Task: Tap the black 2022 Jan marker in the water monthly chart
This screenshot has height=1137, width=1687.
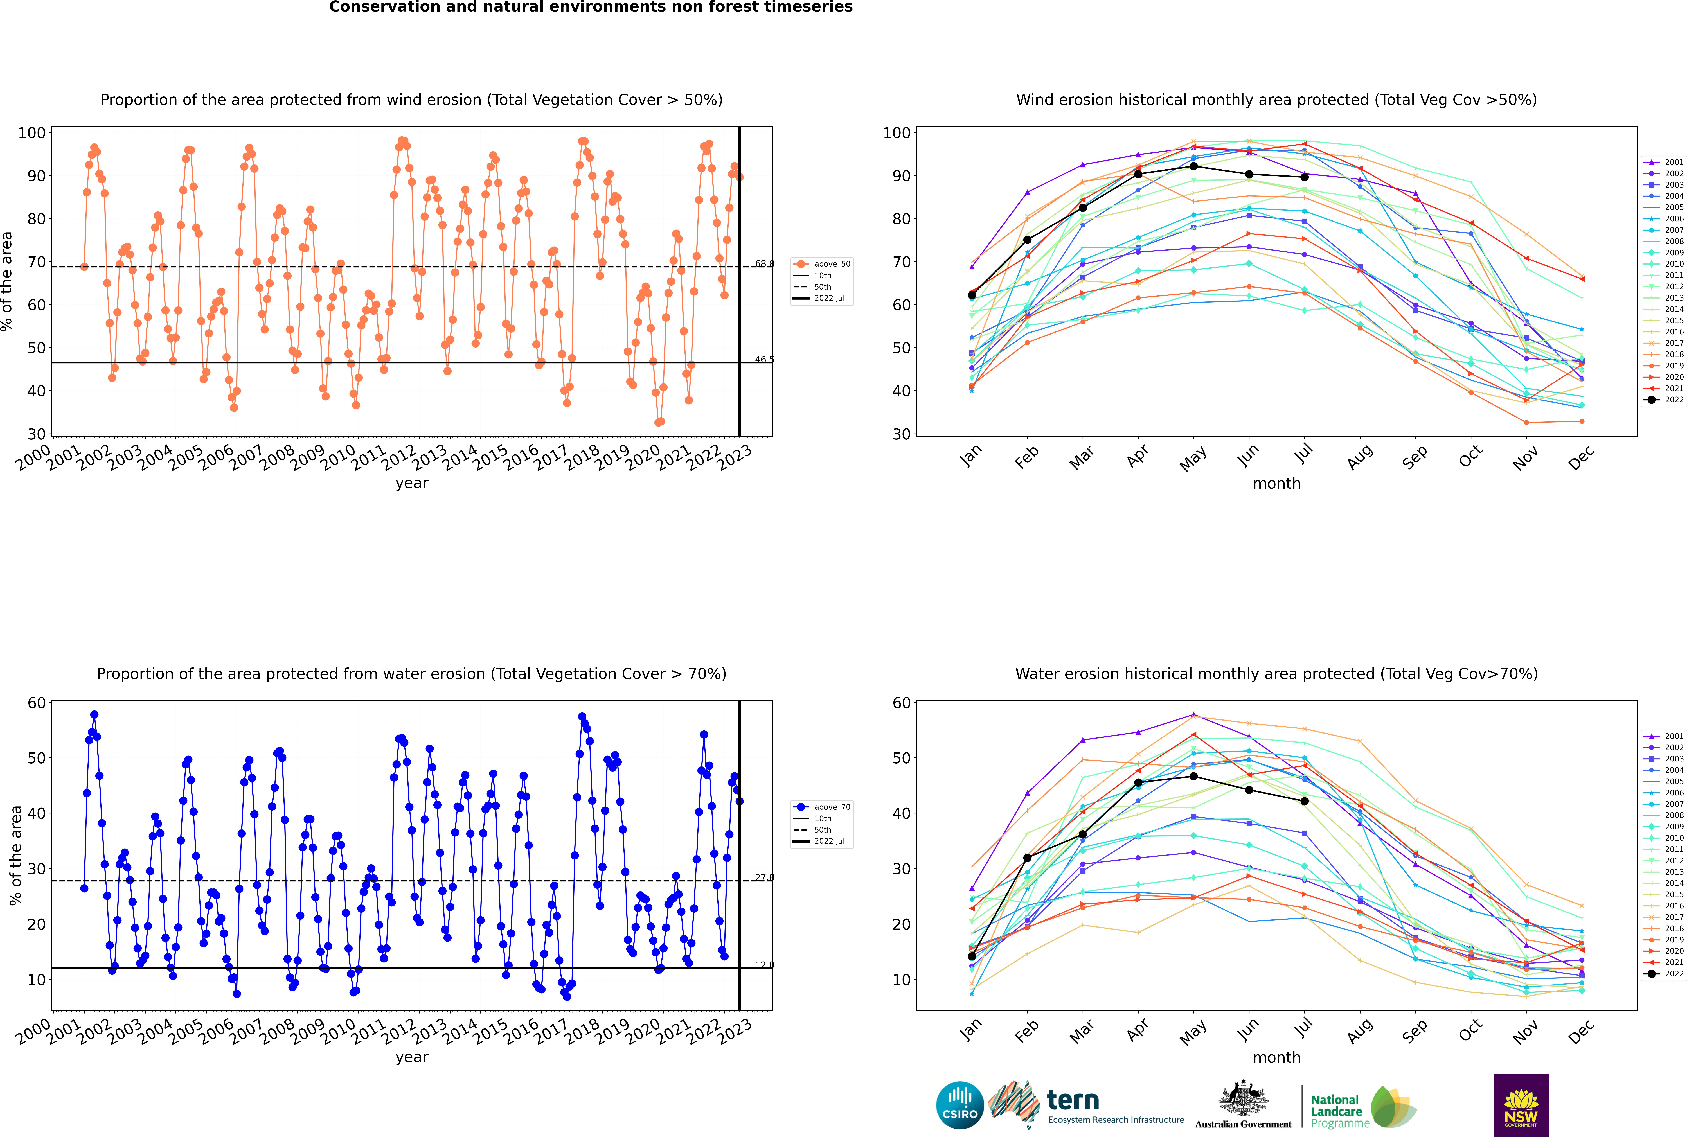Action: (972, 956)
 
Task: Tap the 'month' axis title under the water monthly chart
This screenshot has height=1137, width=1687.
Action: (1276, 1058)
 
